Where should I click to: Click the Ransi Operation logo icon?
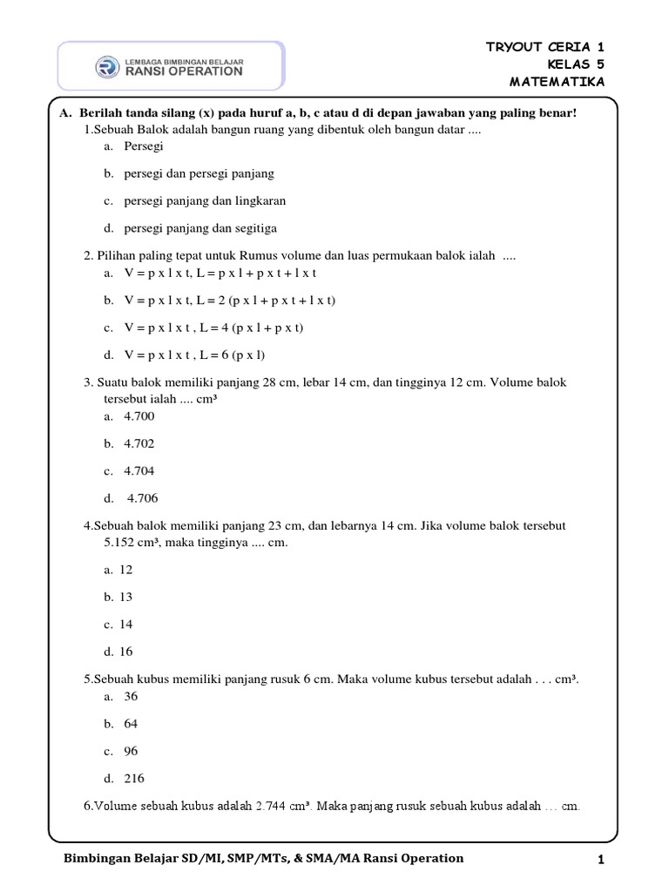coord(108,67)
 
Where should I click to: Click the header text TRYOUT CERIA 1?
coord(544,47)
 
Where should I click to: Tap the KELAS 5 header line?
coord(576,64)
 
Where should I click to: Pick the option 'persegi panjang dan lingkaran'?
coord(205,200)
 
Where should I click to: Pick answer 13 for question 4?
coord(126,597)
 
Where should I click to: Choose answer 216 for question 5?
coord(134,778)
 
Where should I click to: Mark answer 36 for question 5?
coord(131,696)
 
